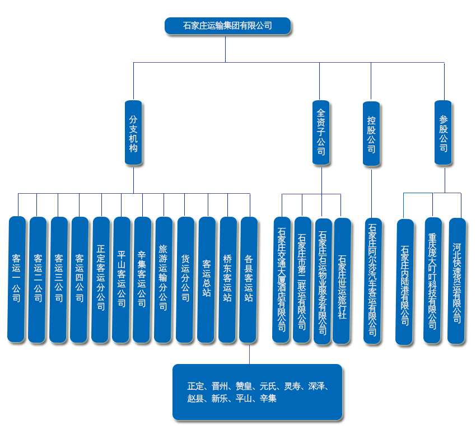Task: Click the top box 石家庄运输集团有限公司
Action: (227, 26)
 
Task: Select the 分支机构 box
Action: (133, 133)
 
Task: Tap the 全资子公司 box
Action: (321, 133)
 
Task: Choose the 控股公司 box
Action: (371, 133)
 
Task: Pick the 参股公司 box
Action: (443, 133)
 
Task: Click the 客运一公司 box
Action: (16, 279)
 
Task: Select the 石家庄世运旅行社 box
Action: (342, 281)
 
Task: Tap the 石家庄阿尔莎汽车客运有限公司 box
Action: (372, 281)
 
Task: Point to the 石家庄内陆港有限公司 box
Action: (404, 282)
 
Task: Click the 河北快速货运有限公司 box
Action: (457, 281)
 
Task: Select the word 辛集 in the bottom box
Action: (268, 399)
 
